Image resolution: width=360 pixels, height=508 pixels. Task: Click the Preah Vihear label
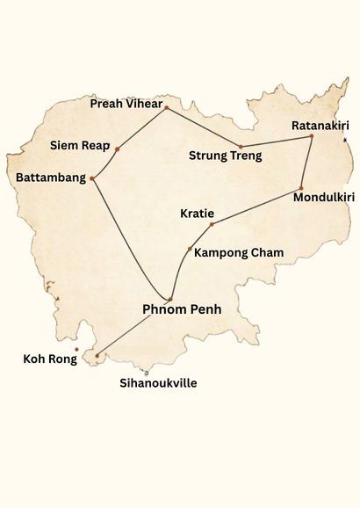127,105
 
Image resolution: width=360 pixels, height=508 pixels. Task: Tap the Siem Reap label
79,144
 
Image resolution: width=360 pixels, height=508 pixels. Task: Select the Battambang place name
51,178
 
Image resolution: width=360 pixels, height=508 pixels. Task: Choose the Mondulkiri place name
324,198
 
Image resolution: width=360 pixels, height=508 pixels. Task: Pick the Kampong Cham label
239,253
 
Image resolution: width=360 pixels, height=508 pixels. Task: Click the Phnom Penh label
182,309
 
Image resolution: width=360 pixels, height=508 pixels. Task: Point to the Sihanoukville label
158,383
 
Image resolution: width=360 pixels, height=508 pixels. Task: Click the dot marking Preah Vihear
166,107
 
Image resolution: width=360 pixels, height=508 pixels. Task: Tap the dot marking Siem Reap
117,149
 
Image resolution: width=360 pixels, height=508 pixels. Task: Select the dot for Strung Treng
240,146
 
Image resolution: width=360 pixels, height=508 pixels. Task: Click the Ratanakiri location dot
312,135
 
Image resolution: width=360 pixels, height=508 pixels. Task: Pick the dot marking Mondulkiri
300,189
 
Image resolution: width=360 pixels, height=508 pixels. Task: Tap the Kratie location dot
211,224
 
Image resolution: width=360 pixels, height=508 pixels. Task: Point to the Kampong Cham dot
190,250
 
